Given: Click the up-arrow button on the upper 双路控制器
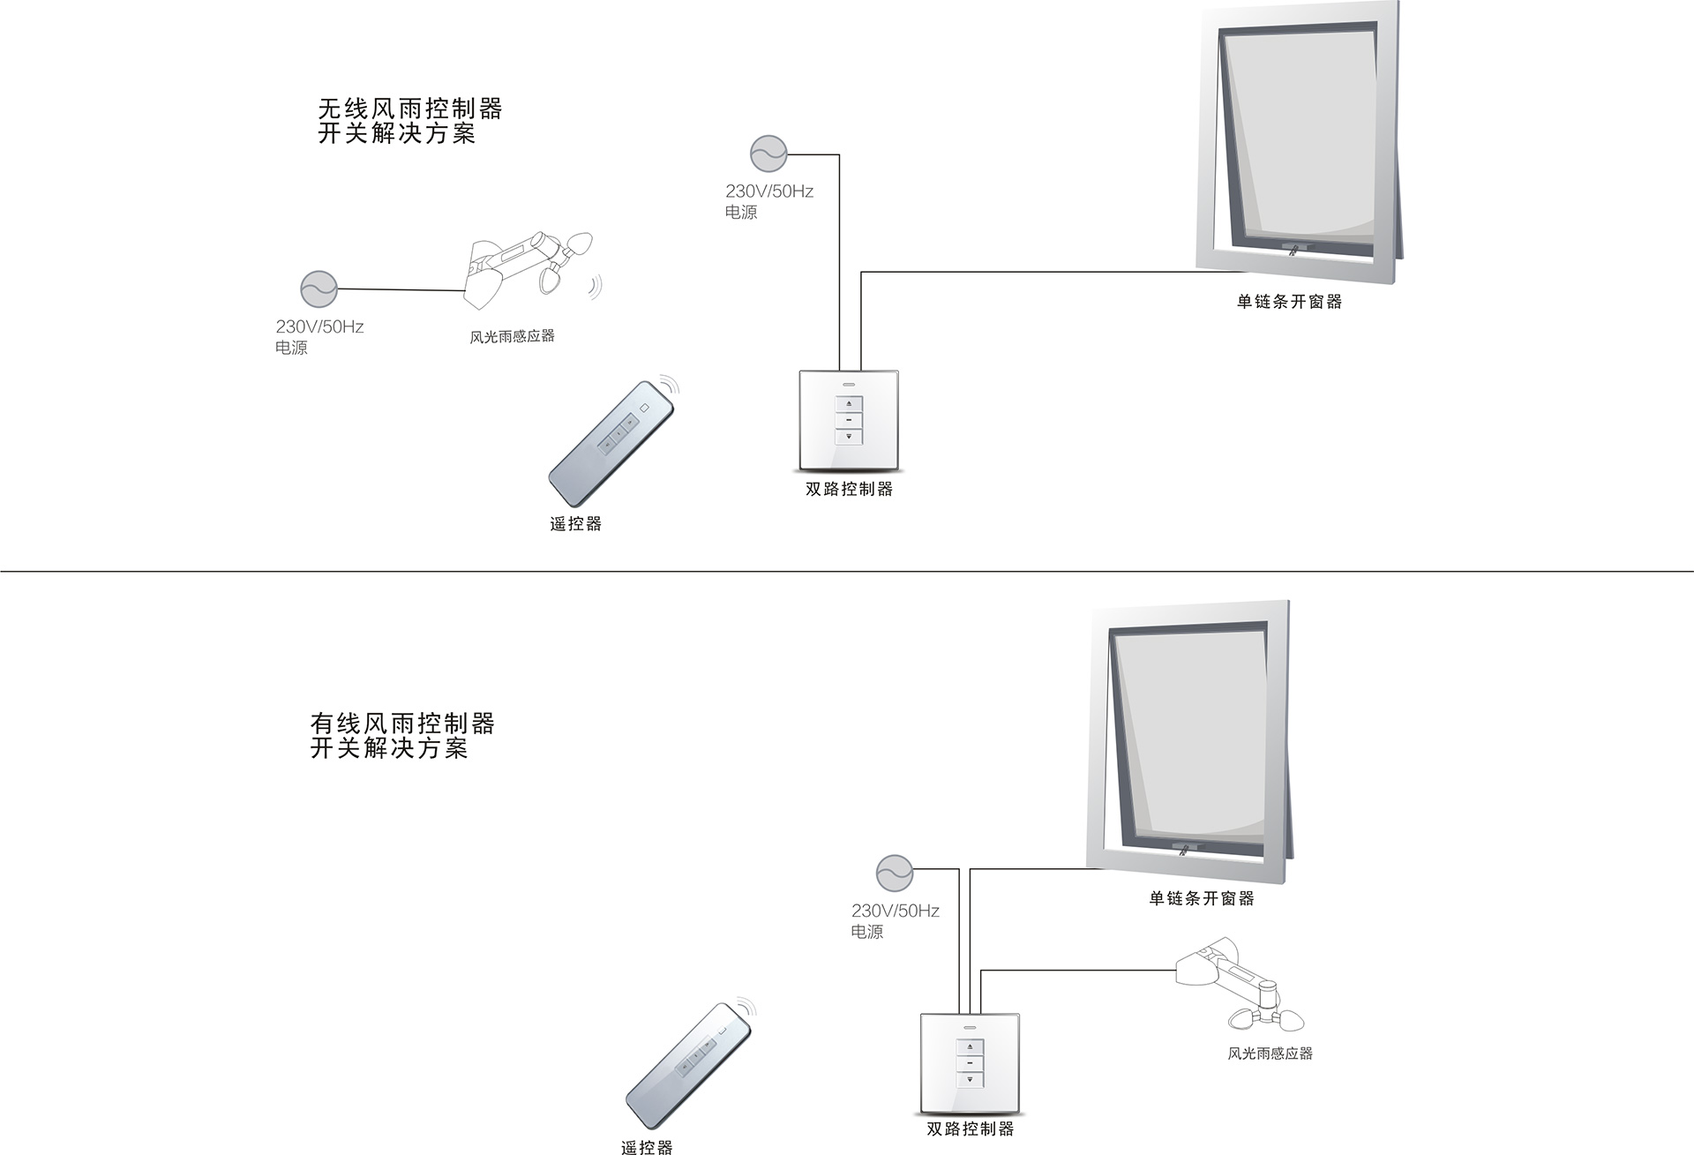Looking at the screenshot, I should pos(849,403).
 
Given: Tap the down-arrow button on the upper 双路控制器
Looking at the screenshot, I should pos(849,436).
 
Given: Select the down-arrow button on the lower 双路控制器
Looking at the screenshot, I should pos(970,1078).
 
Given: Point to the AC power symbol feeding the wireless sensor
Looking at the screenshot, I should pos(318,289).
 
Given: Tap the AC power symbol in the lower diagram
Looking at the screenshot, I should pos(894,873).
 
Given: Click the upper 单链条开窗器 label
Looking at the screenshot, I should pos(1289,302).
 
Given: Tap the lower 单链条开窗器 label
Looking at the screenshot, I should pos(1201,898).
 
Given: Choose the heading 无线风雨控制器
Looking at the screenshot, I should pos(410,109).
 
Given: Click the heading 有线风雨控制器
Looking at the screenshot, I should pos(402,724).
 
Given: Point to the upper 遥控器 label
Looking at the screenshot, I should pos(575,524).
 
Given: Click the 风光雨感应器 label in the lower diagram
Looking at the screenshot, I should pos(1270,1053).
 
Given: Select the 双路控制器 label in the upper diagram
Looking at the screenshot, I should pos(849,489).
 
